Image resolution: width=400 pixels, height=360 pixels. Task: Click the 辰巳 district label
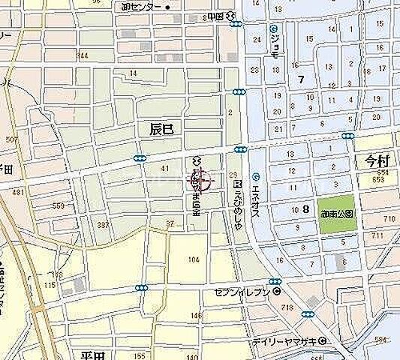[x=161, y=129]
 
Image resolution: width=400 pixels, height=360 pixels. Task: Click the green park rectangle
[x=336, y=208]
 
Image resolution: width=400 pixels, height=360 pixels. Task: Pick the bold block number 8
[x=305, y=211]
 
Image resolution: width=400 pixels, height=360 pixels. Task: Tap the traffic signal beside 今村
[x=347, y=136]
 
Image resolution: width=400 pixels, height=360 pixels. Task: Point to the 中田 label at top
[x=217, y=14]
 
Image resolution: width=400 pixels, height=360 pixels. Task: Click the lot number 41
[x=164, y=169]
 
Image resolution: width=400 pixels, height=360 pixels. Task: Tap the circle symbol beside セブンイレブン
[x=277, y=292]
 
